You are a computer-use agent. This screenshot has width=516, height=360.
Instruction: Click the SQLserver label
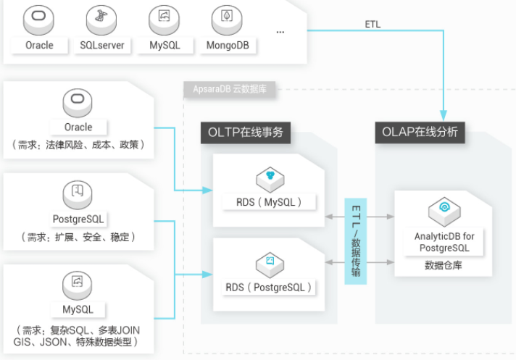point(101,45)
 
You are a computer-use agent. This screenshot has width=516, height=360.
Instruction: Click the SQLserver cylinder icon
point(101,19)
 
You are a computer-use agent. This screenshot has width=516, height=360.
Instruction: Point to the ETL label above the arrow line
point(373,24)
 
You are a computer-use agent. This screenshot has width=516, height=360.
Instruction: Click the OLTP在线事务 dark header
point(246,133)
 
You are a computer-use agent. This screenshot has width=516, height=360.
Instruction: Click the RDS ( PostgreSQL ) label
point(268,287)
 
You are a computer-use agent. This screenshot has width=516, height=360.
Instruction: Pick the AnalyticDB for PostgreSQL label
point(444,242)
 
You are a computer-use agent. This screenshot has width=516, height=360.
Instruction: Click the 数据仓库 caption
point(444,266)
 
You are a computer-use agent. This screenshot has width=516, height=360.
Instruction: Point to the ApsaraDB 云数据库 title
point(224,90)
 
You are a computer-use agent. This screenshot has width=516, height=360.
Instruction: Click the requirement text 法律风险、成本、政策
point(78,143)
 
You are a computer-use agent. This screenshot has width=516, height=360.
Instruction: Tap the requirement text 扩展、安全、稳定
point(78,236)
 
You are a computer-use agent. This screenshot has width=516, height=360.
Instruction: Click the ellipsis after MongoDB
point(280,32)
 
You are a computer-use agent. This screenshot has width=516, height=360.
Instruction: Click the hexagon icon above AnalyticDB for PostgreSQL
point(444,210)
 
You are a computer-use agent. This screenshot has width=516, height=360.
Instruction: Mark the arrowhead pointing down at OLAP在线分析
point(444,115)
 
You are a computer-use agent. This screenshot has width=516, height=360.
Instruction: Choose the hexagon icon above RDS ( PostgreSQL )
point(268,261)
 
